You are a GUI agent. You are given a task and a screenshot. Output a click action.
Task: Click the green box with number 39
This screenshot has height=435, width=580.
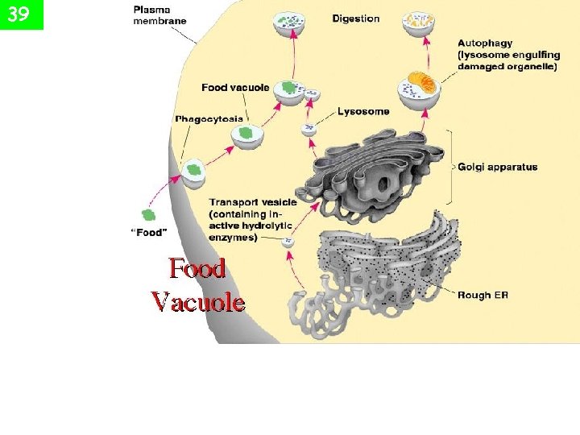(x=22, y=14)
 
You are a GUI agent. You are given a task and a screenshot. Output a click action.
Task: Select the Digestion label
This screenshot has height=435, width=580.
(x=355, y=19)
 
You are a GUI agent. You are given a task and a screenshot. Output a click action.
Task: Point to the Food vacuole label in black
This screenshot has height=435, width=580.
(x=235, y=87)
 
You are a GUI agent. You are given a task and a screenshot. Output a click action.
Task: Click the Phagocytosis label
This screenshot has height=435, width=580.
(x=209, y=118)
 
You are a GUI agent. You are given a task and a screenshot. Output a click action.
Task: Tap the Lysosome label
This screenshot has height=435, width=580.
(x=363, y=111)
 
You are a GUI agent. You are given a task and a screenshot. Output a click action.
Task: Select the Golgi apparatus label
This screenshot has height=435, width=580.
(x=498, y=168)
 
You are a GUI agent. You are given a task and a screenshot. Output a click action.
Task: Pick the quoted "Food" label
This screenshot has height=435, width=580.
(x=149, y=233)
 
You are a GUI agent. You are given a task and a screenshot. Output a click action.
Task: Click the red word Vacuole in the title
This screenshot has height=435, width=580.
(x=198, y=302)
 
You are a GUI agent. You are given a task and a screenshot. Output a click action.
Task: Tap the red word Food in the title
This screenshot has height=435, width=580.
(x=197, y=267)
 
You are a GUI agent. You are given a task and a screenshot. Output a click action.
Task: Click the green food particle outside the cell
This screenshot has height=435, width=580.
(x=148, y=215)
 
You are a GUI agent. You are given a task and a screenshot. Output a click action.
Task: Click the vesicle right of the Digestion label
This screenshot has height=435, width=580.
(x=418, y=23)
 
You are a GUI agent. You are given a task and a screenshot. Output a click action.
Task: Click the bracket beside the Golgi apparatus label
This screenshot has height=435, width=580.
(x=450, y=168)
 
